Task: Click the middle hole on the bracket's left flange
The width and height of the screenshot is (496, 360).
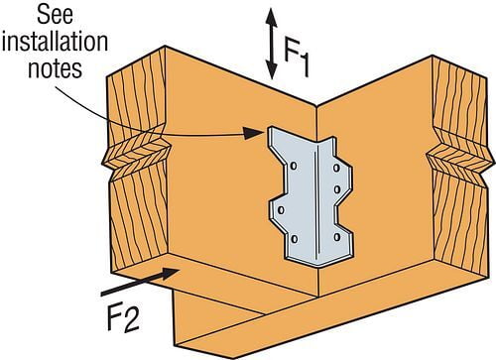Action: pos(280,209)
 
